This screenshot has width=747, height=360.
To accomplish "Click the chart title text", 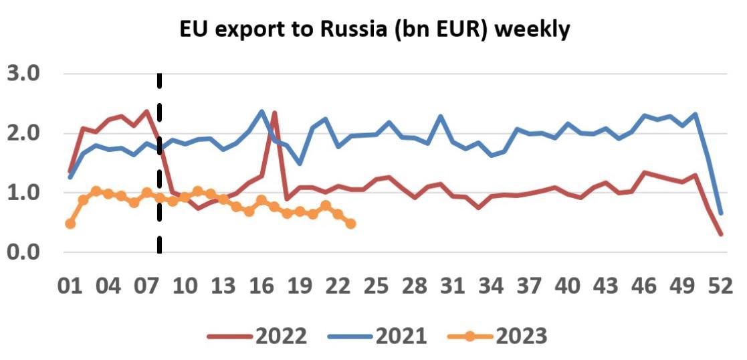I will tap(375, 29).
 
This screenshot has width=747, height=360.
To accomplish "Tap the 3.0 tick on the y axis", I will tap(23, 73).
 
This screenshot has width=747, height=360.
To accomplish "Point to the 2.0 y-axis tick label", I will tap(23, 132).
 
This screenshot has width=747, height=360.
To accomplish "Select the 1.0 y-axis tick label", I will tap(23, 193).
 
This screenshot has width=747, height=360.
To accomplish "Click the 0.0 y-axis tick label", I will tap(23, 253).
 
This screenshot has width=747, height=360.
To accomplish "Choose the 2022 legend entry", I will tap(257, 335).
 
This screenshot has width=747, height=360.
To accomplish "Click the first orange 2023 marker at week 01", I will tap(70, 223).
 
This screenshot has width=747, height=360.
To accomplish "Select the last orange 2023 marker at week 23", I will tap(350, 223).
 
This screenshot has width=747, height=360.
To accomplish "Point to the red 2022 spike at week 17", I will tap(274, 113).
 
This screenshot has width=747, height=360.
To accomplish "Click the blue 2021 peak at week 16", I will tap(261, 112).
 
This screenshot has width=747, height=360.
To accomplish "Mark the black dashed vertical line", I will tap(159, 167).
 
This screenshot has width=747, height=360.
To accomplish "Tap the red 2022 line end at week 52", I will tap(720, 234).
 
